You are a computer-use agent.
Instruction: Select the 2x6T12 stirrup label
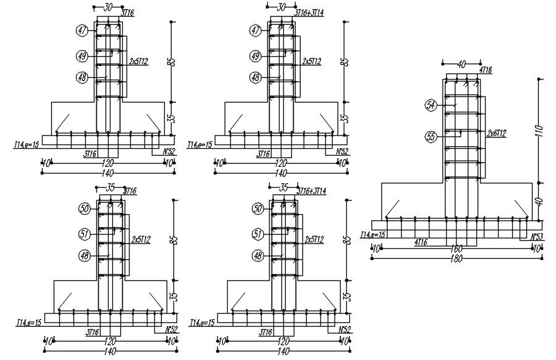pos(497,133)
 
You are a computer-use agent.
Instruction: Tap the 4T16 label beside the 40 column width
pos(485,70)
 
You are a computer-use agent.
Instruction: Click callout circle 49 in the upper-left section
pos(81,56)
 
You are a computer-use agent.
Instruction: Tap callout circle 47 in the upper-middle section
pos(255,30)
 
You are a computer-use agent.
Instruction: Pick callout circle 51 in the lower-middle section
pos(258,233)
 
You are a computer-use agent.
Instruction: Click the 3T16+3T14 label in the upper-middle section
pos(309,12)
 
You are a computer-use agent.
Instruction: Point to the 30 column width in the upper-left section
pos(109,7)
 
